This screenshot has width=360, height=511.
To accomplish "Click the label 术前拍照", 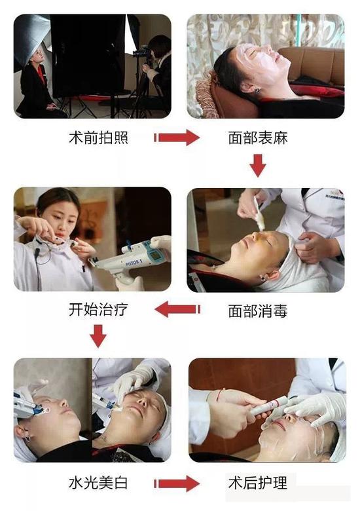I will pyautogui.click(x=98, y=139).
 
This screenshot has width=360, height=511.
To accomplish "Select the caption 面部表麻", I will pyautogui.click(x=258, y=139).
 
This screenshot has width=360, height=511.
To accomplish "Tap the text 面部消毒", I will pyautogui.click(x=258, y=311).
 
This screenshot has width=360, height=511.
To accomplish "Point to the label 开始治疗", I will pyautogui.click(x=98, y=309).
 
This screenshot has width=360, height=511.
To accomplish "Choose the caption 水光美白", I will pyautogui.click(x=98, y=483).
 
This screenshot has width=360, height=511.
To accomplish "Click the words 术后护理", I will pyautogui.click(x=258, y=483).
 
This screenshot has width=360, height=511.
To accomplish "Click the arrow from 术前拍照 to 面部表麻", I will pyautogui.click(x=177, y=138).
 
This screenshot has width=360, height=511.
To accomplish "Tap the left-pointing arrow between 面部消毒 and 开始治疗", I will pyautogui.click(x=177, y=309).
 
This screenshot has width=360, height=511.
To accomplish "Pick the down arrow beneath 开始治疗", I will pyautogui.click(x=98, y=335).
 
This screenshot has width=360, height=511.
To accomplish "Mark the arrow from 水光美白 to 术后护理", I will pyautogui.click(x=177, y=483).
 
